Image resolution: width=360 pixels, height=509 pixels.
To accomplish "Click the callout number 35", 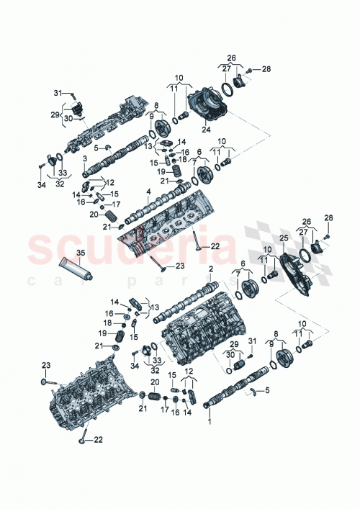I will tap(81, 253).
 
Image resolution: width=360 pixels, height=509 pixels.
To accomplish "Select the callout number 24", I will tap(206, 130).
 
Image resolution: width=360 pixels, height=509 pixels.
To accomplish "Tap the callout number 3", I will tap(84, 158).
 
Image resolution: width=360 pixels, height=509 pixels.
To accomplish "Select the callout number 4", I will tap(148, 192).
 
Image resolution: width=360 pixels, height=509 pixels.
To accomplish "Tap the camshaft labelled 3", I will tap(119, 155).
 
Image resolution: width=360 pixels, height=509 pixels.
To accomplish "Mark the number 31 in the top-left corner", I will tap(58, 91).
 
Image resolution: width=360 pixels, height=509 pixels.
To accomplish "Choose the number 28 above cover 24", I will tap(266, 69).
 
